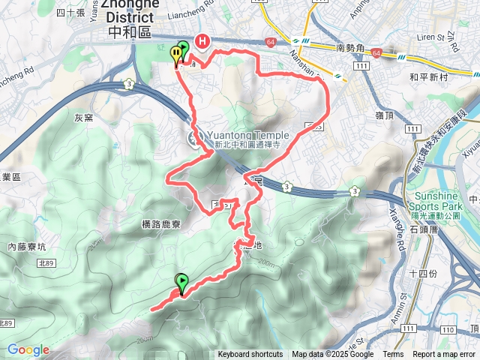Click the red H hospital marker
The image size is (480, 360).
202,42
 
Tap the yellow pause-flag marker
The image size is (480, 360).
176,55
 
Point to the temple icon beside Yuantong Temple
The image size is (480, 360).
193,136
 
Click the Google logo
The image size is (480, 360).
27,349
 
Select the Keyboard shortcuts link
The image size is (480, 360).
250,355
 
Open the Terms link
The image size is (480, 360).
393,355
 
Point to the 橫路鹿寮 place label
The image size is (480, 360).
162,223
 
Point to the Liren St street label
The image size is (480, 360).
415,36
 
